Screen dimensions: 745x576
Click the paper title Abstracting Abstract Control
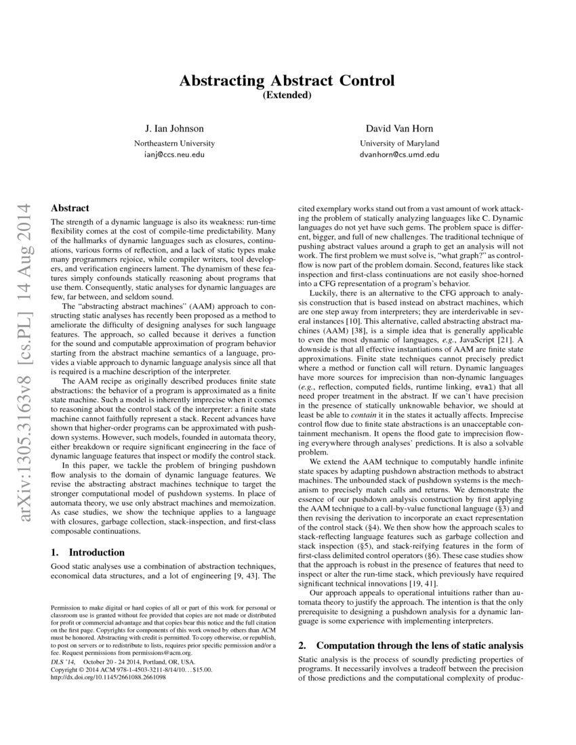pyautogui.click(x=286, y=81)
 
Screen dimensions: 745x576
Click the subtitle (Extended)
pyautogui.click(x=286, y=95)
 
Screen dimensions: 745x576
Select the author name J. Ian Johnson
pyautogui.click(x=174, y=128)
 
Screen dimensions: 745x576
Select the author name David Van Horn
pyautogui.click(x=399, y=128)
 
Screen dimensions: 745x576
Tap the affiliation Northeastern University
pyautogui.click(x=174, y=143)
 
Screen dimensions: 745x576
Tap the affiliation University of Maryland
pyautogui.click(x=399, y=143)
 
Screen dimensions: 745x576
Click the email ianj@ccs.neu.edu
pyautogui.click(x=174, y=154)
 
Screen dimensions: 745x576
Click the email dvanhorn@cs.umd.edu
pyautogui.click(x=399, y=154)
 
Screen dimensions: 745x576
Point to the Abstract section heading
pyautogui.click(x=70, y=209)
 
